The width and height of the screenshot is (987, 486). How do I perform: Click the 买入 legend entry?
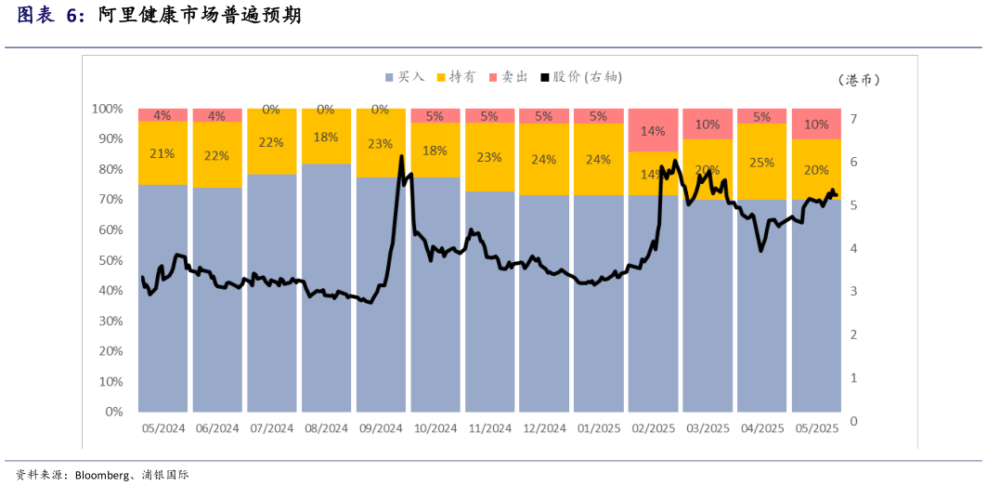point(405,77)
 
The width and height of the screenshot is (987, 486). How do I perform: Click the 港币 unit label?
point(858,80)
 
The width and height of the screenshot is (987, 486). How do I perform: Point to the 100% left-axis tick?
point(108,109)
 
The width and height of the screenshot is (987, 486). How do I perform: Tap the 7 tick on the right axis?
point(853,119)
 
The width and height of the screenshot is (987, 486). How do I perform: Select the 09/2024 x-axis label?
point(381,428)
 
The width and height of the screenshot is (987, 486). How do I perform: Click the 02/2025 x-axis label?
point(653,428)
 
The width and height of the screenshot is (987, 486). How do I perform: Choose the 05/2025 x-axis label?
point(816,428)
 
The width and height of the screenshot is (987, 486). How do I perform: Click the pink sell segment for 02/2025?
point(653,130)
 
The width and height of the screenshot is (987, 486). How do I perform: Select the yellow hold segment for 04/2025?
point(762,162)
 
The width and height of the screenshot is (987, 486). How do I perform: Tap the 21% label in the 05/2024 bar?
point(162,153)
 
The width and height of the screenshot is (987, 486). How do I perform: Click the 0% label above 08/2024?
point(326,109)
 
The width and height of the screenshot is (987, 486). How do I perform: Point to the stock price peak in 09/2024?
point(401,156)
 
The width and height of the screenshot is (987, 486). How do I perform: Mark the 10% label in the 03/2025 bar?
point(708,124)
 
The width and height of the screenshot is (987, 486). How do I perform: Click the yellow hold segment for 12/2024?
point(544,159)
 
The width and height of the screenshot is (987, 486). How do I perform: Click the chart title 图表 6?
point(51,16)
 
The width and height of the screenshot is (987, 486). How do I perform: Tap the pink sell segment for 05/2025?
point(816,124)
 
